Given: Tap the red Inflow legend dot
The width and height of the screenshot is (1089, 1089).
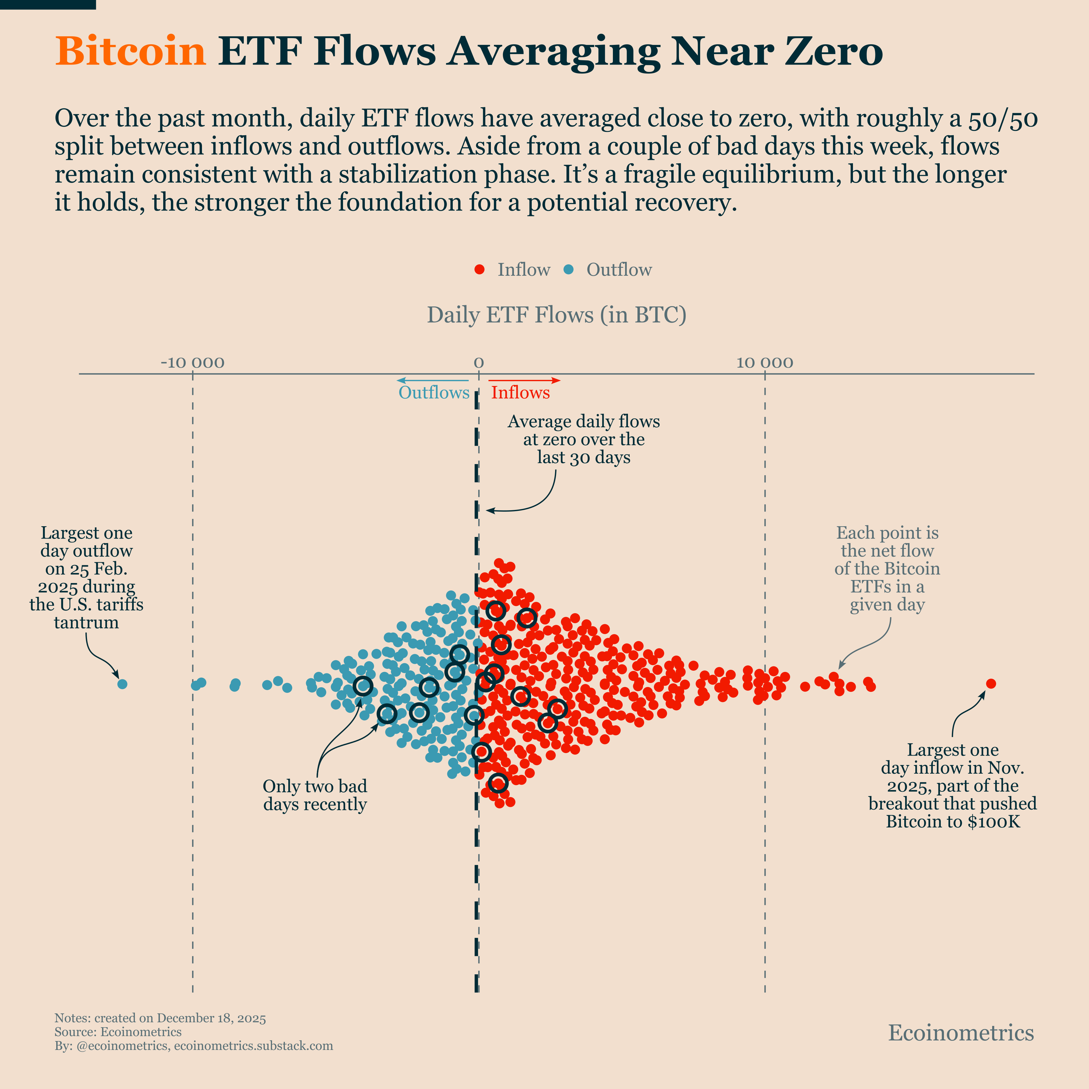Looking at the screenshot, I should [480, 270].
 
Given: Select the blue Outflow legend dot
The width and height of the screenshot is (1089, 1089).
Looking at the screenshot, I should [569, 270].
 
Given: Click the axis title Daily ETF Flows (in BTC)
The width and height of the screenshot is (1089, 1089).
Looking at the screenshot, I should [556, 314].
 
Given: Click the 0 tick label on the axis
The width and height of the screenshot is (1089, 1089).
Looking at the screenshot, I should [479, 362].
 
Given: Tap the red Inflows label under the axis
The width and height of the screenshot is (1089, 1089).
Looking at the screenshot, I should [520, 392].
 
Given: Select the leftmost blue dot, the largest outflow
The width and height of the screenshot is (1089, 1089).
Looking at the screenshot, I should [122, 684].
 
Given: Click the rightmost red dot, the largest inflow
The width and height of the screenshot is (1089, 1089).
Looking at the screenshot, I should [991, 684].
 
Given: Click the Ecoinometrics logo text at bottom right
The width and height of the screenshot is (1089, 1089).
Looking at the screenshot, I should [961, 1033].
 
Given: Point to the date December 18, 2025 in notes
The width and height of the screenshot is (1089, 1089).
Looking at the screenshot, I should [211, 1018].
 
